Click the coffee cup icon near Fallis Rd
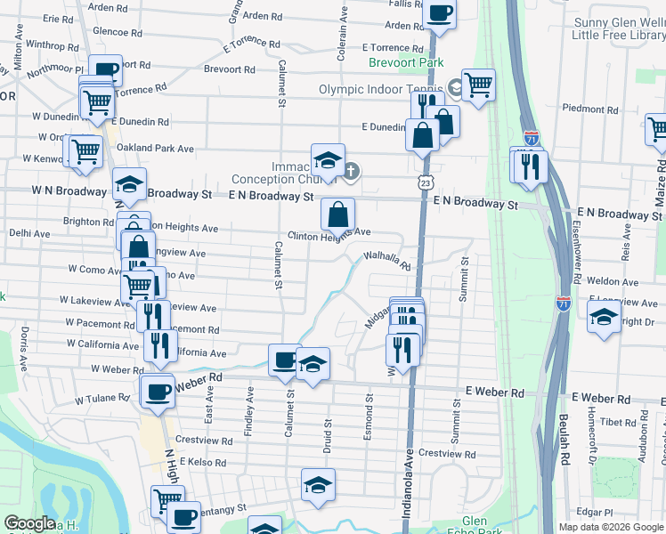click(441, 14)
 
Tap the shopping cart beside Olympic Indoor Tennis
click(479, 85)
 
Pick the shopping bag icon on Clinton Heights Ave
click(338, 214)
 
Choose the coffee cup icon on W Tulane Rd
click(158, 392)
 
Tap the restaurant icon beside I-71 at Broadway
click(532, 166)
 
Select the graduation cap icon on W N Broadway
click(130, 185)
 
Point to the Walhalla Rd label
click(386, 261)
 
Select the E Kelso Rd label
click(200, 463)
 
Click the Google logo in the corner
click(29, 522)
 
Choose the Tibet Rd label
click(617, 422)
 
